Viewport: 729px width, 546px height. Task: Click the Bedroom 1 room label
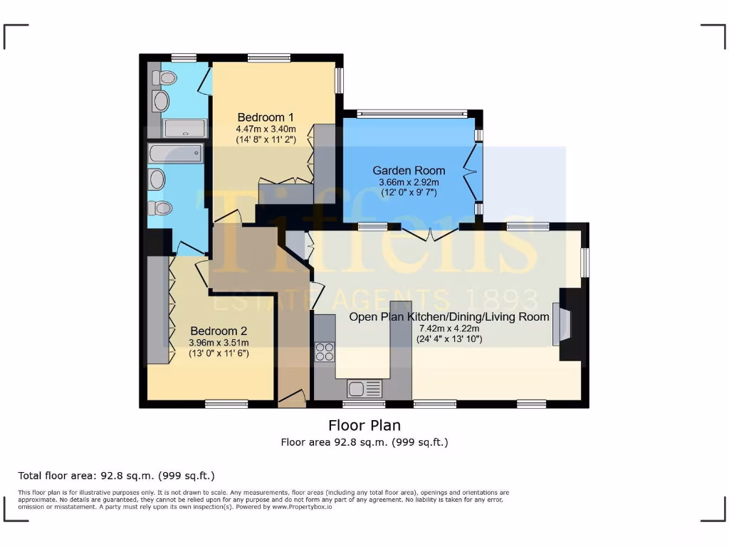click(x=266, y=117)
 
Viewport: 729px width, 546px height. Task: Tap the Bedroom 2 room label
click(x=219, y=331)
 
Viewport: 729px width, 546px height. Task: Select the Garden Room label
click(x=409, y=171)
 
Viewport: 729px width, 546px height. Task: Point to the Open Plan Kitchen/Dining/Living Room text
click(x=449, y=317)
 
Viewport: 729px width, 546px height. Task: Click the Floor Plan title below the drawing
click(x=364, y=425)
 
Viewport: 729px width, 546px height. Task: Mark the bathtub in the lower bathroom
click(x=176, y=153)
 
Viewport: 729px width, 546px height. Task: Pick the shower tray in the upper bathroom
click(x=185, y=128)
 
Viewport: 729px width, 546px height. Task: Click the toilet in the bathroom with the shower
click(x=165, y=78)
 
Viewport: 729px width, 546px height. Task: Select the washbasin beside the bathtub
click(x=157, y=179)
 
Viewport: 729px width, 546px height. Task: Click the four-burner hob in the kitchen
click(x=325, y=351)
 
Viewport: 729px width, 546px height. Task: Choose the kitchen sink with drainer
click(x=364, y=388)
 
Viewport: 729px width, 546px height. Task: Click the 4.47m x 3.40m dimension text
click(x=266, y=129)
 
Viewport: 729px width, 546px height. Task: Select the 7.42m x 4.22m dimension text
click(x=449, y=328)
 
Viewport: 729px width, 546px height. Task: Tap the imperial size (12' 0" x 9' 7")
click(x=409, y=193)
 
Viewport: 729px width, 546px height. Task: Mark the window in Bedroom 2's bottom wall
click(x=226, y=404)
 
